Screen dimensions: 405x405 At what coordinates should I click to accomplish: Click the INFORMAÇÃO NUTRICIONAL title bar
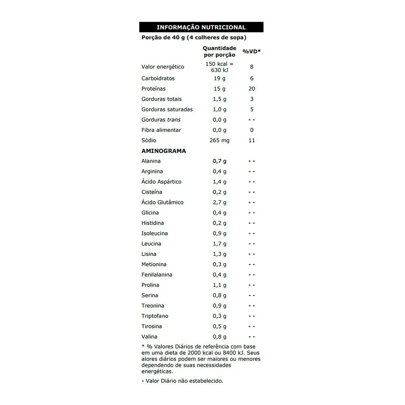201,27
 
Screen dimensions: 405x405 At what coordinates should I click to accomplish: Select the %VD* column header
251,51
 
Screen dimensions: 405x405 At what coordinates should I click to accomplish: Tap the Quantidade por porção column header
219,51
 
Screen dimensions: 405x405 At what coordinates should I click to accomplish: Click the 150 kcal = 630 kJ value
219,67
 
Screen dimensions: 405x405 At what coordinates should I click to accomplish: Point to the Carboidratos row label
158,78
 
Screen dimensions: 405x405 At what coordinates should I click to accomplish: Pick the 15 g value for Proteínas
219,89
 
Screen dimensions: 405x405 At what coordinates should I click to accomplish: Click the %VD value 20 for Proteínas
252,89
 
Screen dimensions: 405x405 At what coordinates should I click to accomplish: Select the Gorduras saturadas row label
167,109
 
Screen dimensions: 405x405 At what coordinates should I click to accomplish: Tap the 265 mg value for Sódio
219,140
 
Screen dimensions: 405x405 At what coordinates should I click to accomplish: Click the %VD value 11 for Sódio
252,140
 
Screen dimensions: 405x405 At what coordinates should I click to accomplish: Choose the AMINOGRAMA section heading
164,151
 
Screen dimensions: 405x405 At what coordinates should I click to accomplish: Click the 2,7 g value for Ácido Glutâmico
219,202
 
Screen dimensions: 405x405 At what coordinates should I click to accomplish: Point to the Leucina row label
151,244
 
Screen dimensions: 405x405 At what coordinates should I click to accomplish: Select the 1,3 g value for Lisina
219,254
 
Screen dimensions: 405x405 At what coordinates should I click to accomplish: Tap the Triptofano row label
155,316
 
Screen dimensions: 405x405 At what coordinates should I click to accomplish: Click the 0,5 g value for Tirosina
219,326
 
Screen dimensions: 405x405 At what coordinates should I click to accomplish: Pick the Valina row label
149,336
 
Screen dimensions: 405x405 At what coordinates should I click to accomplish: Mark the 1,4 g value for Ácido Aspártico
219,182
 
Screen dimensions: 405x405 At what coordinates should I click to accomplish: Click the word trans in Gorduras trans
174,120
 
